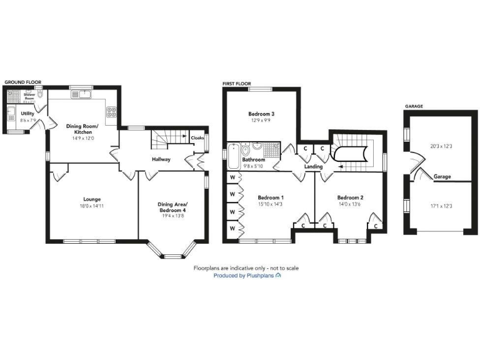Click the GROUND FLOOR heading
tap(22, 82)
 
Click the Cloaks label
tap(197, 137)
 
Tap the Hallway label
tap(162, 159)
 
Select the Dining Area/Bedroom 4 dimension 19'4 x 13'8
tap(172, 216)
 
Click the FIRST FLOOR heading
tap(236, 82)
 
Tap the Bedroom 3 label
tap(261, 114)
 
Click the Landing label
tap(313, 167)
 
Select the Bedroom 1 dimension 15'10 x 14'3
tap(271, 204)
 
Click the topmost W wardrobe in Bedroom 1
tap(232, 178)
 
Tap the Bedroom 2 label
tap(350, 197)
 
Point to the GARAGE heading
tap(414, 106)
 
